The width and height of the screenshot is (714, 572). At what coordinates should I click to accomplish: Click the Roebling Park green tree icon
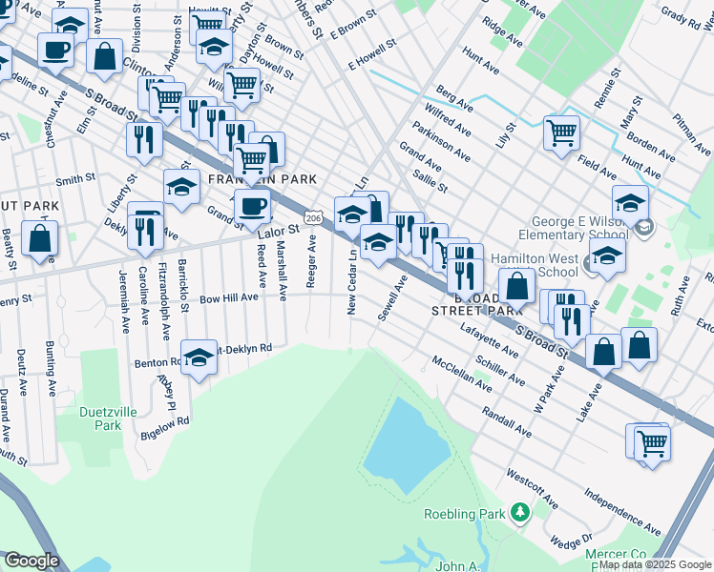(519, 514)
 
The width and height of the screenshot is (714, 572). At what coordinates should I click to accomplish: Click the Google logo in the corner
(31, 561)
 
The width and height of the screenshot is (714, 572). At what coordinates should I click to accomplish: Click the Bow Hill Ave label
(228, 297)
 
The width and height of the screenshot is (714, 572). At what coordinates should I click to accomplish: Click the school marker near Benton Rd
(199, 357)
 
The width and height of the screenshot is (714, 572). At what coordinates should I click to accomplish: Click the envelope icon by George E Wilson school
(646, 227)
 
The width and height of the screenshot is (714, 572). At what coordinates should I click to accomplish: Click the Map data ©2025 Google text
(655, 564)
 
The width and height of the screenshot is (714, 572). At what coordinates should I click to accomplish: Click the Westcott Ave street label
(532, 486)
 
